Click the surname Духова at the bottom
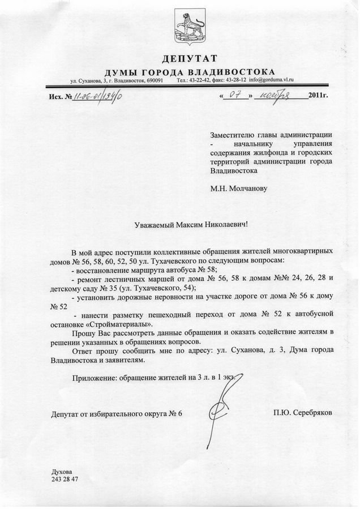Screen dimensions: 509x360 pos(62,471)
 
